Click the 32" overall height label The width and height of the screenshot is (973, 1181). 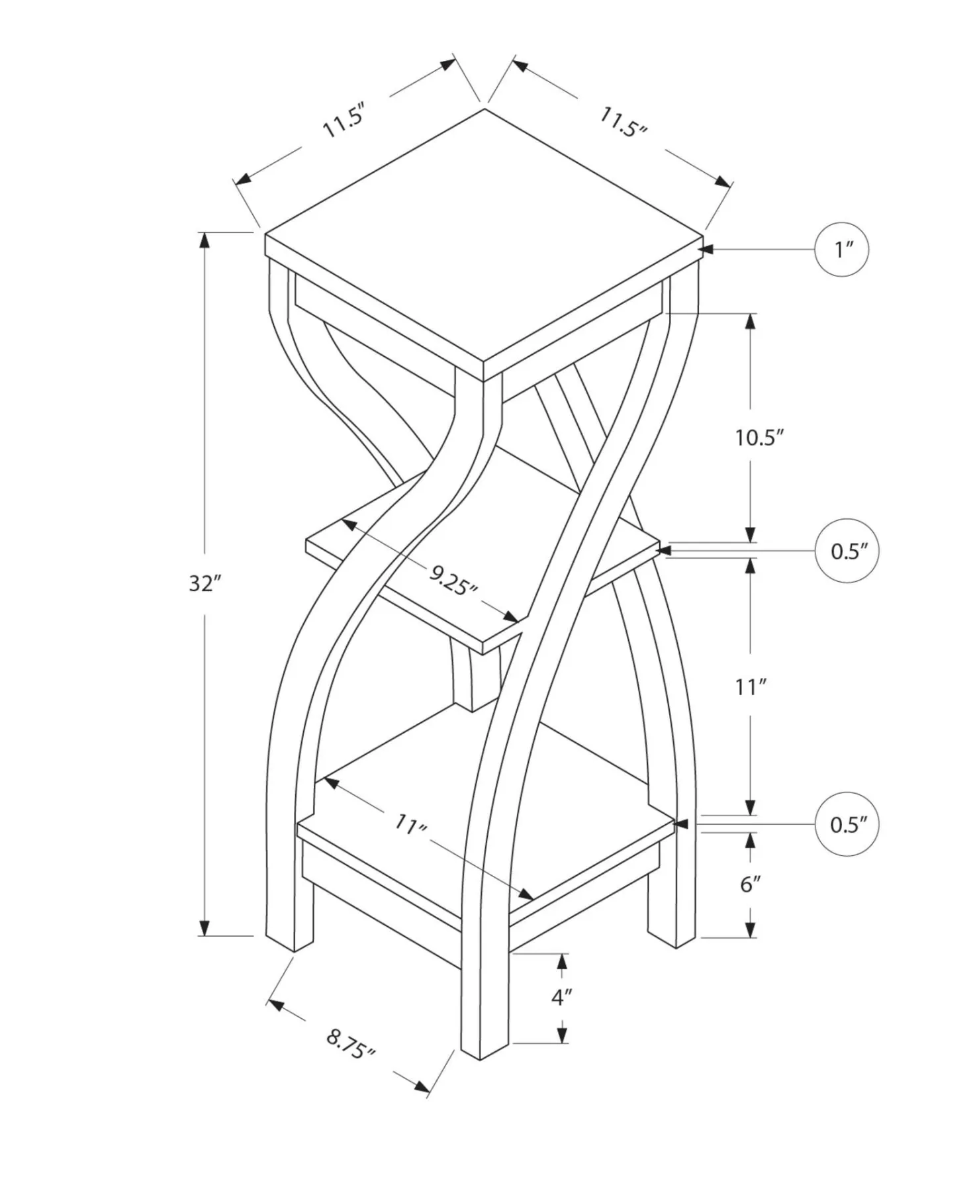pos(205,583)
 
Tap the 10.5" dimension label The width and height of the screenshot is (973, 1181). pos(759,437)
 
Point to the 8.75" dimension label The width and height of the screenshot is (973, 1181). pos(351,1044)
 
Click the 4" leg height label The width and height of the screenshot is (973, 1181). pos(562,996)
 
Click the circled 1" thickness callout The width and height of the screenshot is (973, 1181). pos(841,250)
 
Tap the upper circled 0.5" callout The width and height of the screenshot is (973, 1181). pos(847,551)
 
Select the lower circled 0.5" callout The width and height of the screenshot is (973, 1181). pos(847,824)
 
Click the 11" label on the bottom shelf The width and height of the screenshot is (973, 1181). pos(411,825)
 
